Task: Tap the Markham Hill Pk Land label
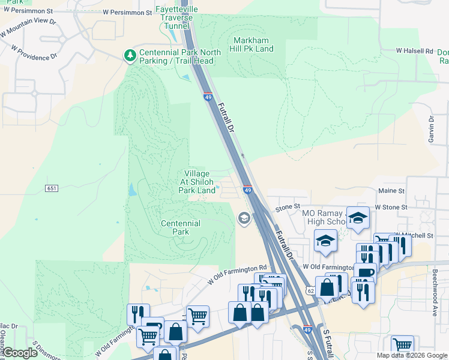[253, 44]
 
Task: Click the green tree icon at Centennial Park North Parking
[130, 56]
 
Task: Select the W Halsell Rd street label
[414, 52]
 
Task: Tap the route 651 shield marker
[51, 188]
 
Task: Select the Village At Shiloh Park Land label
[197, 181]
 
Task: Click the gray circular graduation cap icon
[244, 218]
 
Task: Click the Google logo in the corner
[21, 353]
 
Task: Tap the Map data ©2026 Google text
[412, 355]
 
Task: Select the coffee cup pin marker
[364, 274]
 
